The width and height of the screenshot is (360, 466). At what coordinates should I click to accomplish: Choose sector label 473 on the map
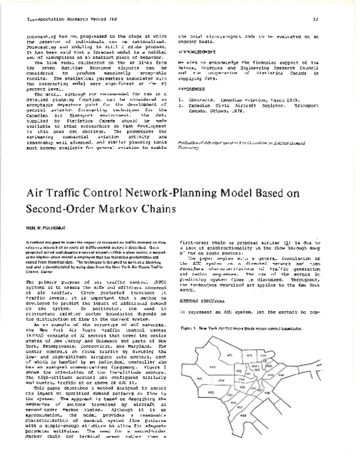[x=248, y=356]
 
